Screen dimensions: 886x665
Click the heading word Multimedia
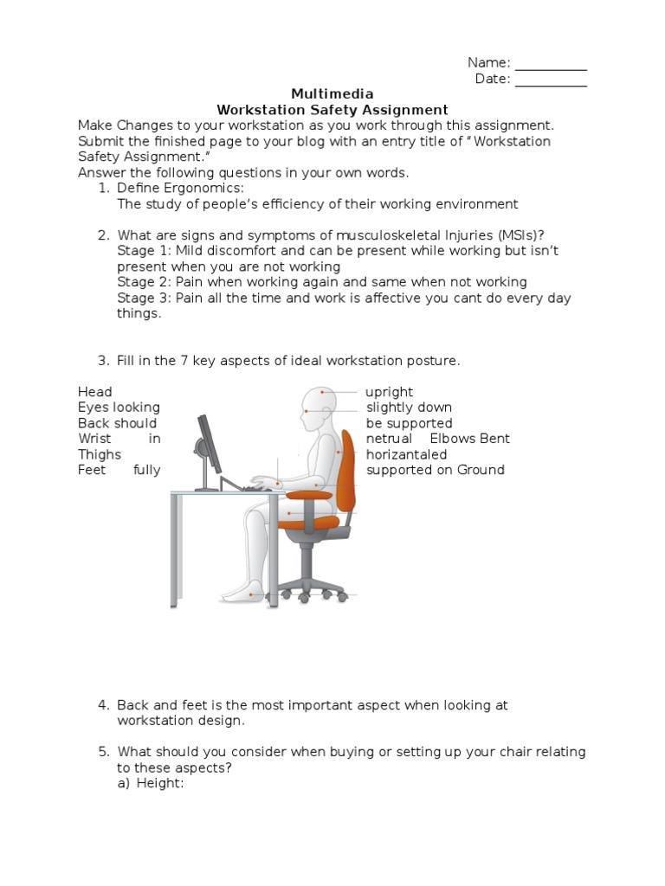point(332,94)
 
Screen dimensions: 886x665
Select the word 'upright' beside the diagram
point(390,392)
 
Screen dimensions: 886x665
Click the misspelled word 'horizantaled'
point(407,454)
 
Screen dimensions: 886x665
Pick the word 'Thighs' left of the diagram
point(100,454)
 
